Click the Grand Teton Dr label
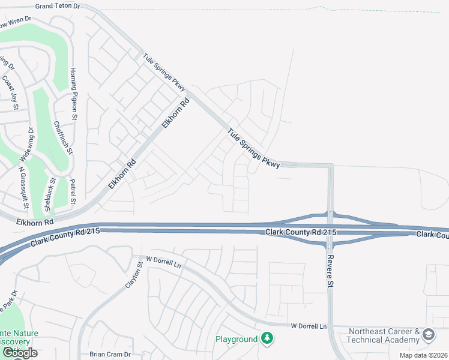tap(57, 6)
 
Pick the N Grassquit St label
tap(24, 187)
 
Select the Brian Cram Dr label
tap(109, 355)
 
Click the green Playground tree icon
tap(267, 339)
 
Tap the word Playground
tap(237, 340)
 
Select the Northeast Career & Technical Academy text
tap(384, 335)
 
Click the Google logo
tap(20, 353)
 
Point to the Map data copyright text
tap(424, 355)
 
